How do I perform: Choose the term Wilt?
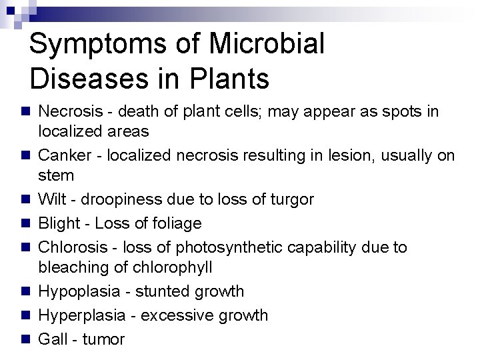[x=51, y=199]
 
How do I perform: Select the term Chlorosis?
[x=71, y=247]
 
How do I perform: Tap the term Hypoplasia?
[x=75, y=292]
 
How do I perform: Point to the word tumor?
[x=103, y=339]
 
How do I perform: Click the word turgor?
[x=291, y=200]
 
